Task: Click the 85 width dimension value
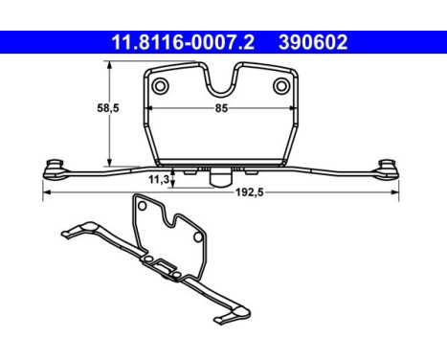click(x=221, y=107)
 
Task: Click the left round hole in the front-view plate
click(x=160, y=87)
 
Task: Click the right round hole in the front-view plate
click(x=281, y=87)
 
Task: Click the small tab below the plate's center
click(x=220, y=176)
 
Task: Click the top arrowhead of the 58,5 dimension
click(x=111, y=65)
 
